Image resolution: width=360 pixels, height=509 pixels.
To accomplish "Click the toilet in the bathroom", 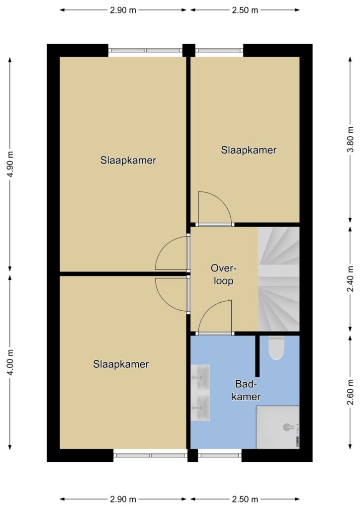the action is click(x=276, y=347).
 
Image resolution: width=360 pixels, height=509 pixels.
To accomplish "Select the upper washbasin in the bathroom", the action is click(x=200, y=378).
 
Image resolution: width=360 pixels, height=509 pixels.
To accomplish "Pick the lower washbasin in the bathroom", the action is click(x=200, y=408).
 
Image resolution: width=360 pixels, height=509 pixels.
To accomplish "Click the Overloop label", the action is click(x=224, y=274).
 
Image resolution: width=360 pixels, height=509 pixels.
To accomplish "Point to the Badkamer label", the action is click(x=246, y=390).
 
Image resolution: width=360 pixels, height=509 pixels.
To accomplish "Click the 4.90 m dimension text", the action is click(x=11, y=164).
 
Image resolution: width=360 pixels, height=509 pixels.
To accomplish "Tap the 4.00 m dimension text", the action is click(x=11, y=362).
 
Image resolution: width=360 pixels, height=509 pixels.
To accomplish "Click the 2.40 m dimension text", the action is click(x=350, y=279).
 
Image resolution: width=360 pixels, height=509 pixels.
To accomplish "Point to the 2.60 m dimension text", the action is click(x=350, y=393).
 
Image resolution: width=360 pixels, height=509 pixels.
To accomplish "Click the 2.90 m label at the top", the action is click(x=123, y=10).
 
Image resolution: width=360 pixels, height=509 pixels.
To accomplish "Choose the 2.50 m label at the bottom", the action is click(x=245, y=499).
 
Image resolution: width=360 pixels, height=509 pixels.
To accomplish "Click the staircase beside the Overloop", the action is click(x=278, y=279).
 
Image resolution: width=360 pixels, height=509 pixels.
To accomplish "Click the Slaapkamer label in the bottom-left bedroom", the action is click(x=121, y=364).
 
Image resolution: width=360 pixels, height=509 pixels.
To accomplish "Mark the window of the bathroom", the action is click(x=220, y=455).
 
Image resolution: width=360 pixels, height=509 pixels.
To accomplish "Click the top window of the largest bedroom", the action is click(x=145, y=50).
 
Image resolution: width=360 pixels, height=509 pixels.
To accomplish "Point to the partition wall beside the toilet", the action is click(x=258, y=355).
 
